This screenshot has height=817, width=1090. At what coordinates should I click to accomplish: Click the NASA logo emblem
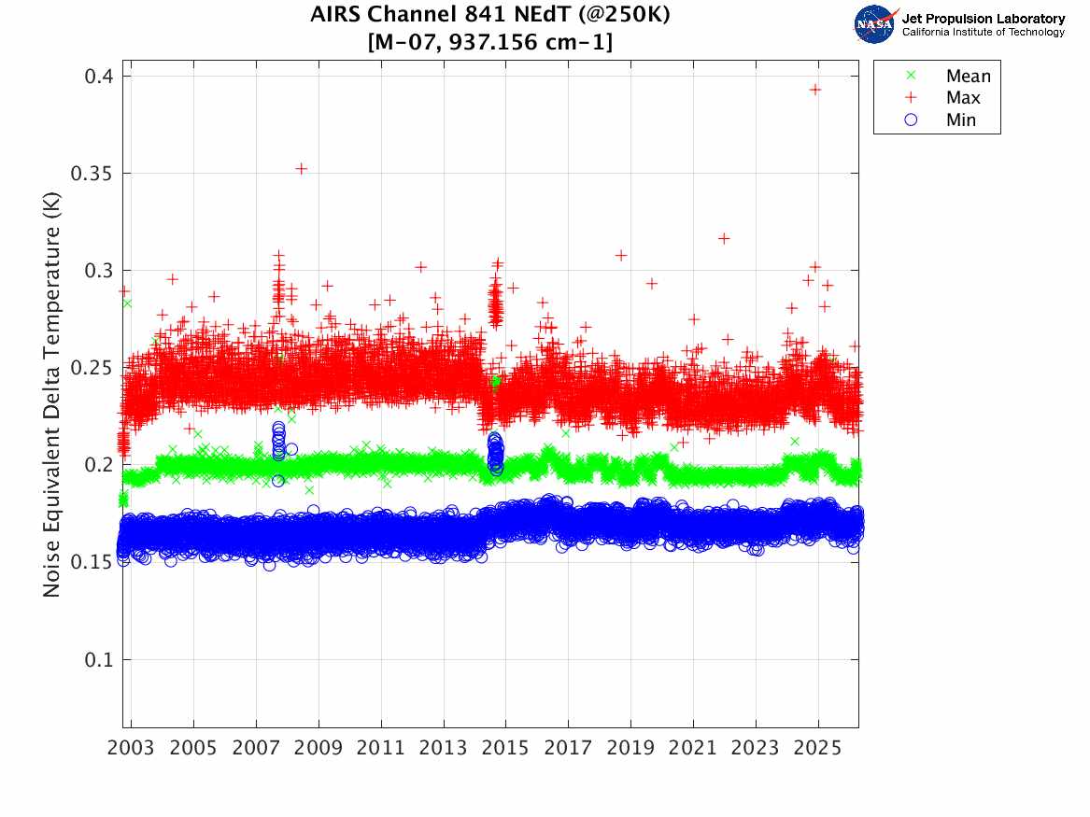(876, 24)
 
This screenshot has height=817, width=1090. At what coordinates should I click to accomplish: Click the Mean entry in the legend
(967, 77)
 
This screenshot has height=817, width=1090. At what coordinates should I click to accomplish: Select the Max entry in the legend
(963, 98)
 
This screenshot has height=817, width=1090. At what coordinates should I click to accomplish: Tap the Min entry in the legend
(961, 120)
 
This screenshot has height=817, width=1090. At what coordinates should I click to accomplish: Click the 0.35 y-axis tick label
(94, 174)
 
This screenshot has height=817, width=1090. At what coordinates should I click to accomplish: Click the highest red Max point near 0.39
(814, 90)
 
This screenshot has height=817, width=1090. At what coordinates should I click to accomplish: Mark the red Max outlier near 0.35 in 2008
(302, 169)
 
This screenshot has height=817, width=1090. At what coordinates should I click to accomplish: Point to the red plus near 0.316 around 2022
(724, 239)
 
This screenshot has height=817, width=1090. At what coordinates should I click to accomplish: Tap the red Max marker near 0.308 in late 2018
(620, 255)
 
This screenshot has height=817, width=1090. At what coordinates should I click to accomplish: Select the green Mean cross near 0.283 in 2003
(127, 303)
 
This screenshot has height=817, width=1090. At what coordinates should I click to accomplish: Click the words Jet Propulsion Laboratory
(984, 19)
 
